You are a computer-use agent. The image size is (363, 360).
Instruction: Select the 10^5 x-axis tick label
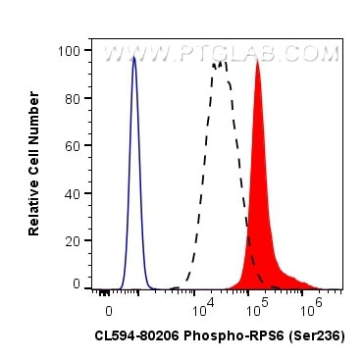[257, 309]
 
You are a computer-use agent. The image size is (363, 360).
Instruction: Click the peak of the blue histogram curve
[134, 57]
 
